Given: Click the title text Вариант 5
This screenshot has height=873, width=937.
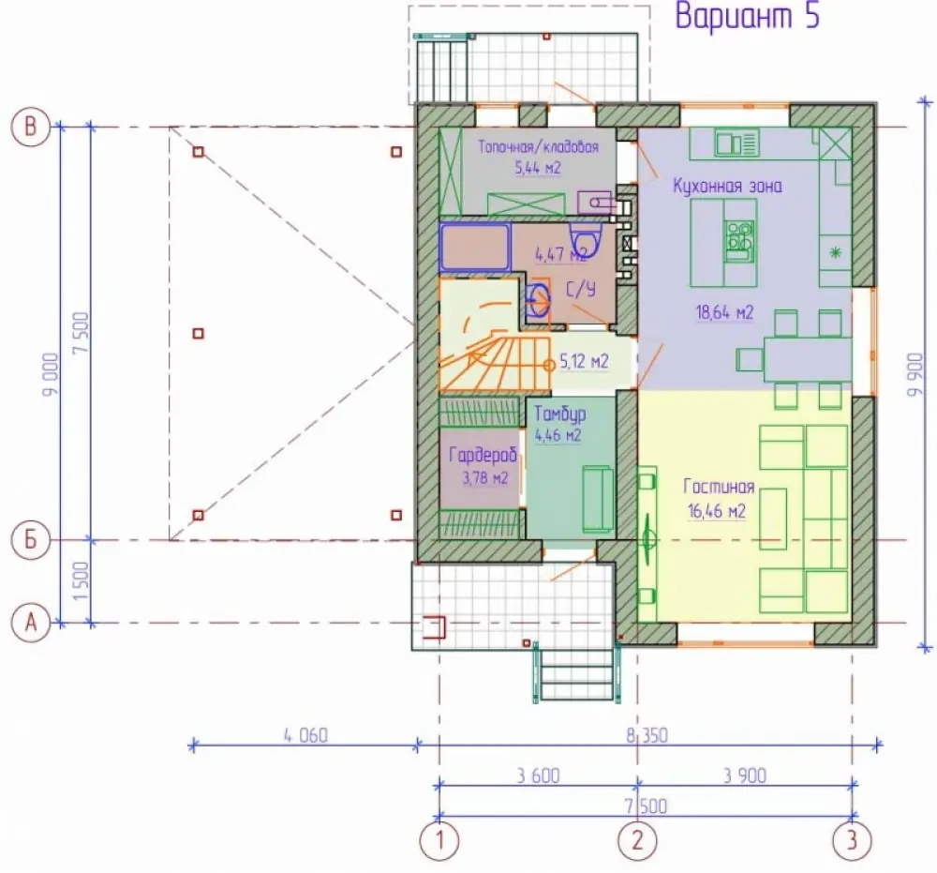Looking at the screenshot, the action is [747, 16].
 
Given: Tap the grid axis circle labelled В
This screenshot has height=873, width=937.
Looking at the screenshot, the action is [31, 127].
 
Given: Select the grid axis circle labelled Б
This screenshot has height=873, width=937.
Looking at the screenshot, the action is [31, 540].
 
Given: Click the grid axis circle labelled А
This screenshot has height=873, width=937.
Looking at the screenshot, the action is [31, 623].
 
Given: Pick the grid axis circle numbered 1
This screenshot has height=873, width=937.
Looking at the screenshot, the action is [439, 841].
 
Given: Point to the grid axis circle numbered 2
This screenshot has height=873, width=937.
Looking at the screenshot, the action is [637, 841].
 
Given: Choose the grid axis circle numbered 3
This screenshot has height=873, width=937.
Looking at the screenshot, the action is [852, 841].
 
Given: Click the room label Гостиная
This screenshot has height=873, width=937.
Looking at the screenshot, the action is [719, 487].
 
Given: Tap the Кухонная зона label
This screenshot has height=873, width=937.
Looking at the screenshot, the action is [727, 186].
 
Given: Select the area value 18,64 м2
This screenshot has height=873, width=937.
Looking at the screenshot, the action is [724, 312].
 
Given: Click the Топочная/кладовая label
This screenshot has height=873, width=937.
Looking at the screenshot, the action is [539, 147].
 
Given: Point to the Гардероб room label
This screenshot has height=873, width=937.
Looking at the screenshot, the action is [483, 457].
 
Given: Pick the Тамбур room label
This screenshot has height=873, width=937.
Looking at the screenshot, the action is [560, 414].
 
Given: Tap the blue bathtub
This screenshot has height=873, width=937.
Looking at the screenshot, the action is [475, 247].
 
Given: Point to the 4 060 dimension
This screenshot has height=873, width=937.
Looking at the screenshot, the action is [305, 735].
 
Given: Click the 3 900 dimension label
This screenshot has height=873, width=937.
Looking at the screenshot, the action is [745, 775].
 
